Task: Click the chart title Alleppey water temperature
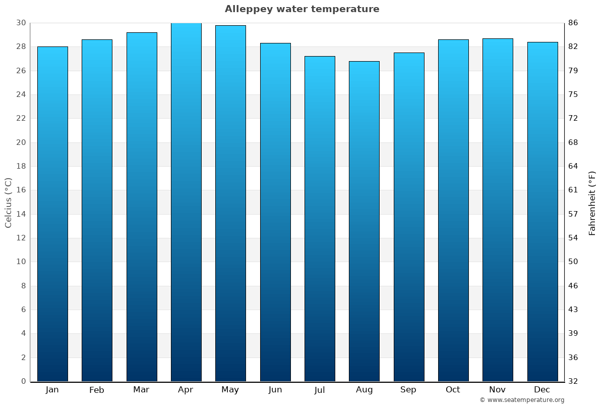(302, 9)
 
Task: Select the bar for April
(186, 202)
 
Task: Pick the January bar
(52, 214)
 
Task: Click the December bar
(542, 212)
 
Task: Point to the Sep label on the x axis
(408, 390)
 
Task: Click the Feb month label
(97, 390)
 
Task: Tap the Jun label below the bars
(275, 390)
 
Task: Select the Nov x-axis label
(498, 390)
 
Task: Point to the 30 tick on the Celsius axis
(21, 23)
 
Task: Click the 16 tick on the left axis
(21, 190)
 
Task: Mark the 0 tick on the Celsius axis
(23, 381)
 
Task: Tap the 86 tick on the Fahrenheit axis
(573, 23)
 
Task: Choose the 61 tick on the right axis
(573, 190)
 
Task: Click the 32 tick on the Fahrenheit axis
(573, 381)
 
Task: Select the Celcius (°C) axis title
(8, 203)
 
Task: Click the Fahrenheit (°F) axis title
(592, 203)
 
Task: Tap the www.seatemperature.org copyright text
(522, 400)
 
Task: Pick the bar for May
(230, 204)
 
